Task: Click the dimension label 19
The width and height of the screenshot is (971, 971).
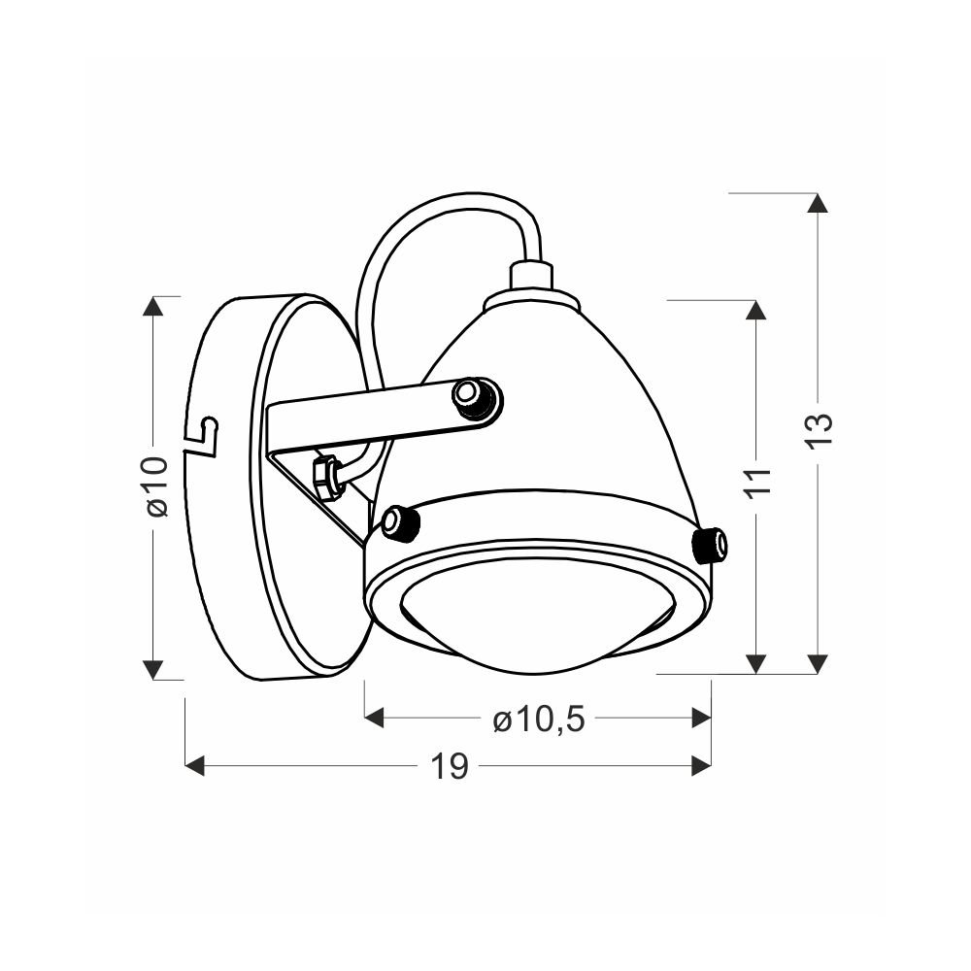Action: click(x=449, y=767)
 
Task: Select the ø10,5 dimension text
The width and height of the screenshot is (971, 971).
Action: click(x=539, y=720)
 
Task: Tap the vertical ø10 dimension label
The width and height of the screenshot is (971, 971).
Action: click(x=157, y=487)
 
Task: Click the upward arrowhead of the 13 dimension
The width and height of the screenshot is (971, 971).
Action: click(x=818, y=203)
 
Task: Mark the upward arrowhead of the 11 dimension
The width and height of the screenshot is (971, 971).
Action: click(x=754, y=311)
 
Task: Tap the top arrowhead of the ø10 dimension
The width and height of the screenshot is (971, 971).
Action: click(x=152, y=306)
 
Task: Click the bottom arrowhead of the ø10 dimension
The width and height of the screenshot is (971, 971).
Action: click(x=152, y=669)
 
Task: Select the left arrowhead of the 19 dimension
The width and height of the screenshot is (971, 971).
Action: click(x=195, y=765)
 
